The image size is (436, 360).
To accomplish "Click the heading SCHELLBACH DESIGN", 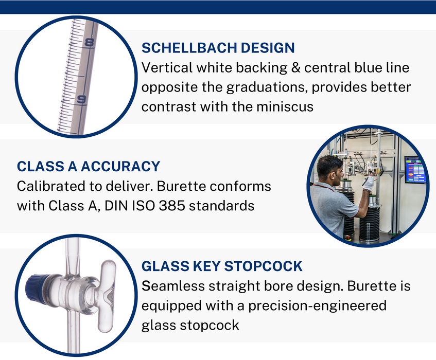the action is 218,48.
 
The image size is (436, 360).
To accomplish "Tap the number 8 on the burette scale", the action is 90,43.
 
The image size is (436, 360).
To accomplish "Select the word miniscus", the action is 285,106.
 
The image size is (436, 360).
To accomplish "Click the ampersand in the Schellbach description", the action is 295,68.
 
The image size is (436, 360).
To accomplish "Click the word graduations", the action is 266,88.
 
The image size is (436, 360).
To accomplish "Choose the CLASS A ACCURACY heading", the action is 89,167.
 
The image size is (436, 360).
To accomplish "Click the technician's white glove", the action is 368,183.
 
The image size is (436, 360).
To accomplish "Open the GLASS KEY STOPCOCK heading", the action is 222,266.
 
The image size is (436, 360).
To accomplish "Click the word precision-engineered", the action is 317,306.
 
